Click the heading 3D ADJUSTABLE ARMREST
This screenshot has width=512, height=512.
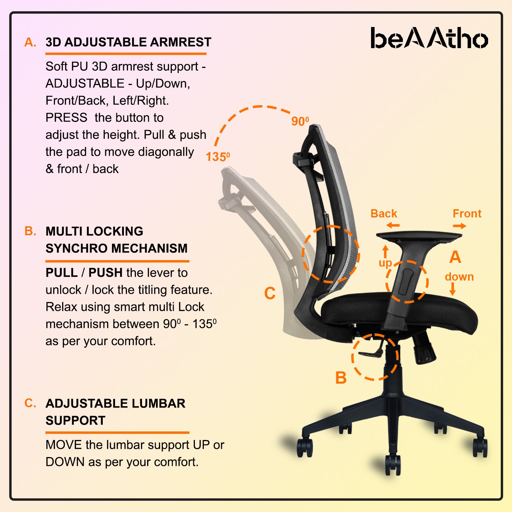128,42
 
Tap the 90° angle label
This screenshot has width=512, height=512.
300,121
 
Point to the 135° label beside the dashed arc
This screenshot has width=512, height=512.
218,157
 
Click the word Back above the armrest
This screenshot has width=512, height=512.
384,214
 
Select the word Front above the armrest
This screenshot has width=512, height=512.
467,214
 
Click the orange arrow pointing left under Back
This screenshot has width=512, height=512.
393,225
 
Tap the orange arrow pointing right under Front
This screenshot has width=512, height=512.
460,226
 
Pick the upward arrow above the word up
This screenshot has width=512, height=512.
385,252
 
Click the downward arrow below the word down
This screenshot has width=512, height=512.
453,289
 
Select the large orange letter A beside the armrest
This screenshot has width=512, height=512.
455,257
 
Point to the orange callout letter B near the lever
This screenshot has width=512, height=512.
341,378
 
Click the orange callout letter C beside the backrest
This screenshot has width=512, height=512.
270,293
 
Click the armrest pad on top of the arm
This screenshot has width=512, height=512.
419,236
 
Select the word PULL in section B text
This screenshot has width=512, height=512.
62,273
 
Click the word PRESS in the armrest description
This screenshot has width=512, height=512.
67,118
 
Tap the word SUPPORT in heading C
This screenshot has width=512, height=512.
75,421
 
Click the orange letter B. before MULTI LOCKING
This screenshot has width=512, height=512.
30,231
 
